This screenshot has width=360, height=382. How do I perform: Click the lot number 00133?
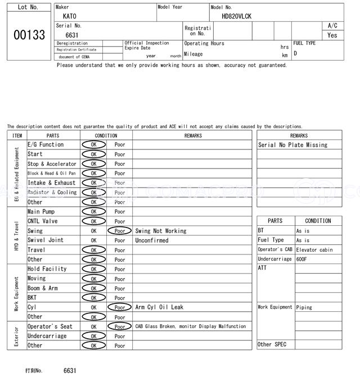(x=29, y=35)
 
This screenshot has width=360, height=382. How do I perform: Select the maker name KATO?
(x=69, y=16)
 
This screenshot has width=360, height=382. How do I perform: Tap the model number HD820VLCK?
(x=236, y=16)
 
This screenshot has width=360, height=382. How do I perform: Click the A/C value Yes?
(x=332, y=35)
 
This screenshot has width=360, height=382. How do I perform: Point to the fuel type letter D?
(x=295, y=53)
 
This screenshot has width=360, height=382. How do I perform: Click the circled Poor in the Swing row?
(x=119, y=231)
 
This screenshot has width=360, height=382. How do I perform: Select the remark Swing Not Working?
(x=160, y=231)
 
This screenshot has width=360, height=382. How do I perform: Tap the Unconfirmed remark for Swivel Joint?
(x=151, y=240)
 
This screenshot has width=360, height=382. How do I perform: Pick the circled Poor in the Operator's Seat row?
(x=119, y=326)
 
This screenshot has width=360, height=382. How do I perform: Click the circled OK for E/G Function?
(x=93, y=145)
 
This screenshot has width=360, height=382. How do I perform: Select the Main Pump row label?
(x=41, y=212)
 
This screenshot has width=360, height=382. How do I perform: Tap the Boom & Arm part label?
(x=43, y=288)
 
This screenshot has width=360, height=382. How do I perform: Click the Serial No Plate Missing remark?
(x=292, y=145)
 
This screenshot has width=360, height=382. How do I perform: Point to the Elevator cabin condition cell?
(x=314, y=249)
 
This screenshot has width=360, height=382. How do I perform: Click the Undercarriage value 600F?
(x=303, y=259)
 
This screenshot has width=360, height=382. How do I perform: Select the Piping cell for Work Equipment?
(x=304, y=307)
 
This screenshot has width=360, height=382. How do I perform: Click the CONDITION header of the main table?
(x=106, y=135)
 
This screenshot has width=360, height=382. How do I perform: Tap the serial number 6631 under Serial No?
(x=71, y=35)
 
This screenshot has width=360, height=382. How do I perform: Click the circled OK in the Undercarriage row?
(x=93, y=336)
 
